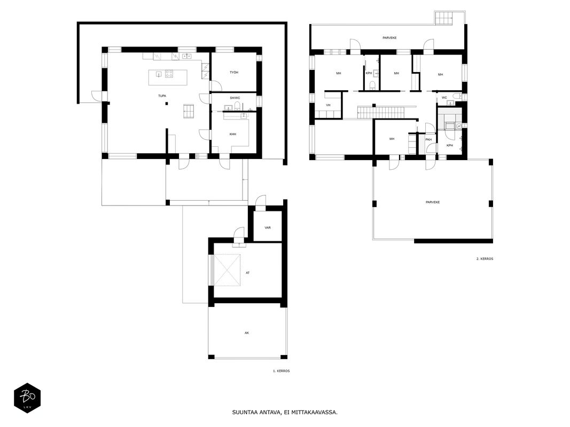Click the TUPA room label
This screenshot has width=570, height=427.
tap(162, 96)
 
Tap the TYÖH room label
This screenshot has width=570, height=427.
tap(234, 73)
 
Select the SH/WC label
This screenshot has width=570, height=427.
tap(235, 98)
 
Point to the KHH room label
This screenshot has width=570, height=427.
tap(233, 135)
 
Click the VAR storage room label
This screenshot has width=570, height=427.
tap(268, 228)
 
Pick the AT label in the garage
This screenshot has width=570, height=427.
tap(247, 273)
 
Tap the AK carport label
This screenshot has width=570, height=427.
tap(247, 333)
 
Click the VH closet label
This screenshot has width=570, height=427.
tap(328, 105)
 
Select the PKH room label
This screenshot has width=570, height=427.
tap(428, 140)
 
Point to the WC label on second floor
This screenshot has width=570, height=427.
tap(444, 98)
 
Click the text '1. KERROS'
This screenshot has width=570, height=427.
tap(282, 371)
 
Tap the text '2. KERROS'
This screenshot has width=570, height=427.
tap(485, 259)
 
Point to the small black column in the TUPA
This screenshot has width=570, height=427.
tap(167, 104)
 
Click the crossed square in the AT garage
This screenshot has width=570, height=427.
tap(227, 270)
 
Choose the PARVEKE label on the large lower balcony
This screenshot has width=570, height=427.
tap(433, 202)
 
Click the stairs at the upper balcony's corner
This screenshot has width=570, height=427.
tap(444, 18)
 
